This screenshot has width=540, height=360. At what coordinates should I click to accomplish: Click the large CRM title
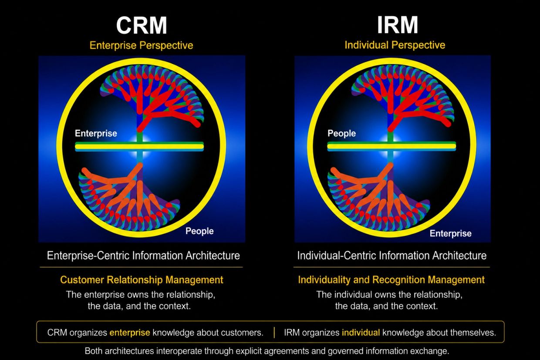[142, 25]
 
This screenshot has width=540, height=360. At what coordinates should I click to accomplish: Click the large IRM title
[397, 25]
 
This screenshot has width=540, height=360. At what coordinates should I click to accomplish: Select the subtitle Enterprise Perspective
[141, 45]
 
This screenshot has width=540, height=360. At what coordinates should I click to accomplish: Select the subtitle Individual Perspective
[395, 45]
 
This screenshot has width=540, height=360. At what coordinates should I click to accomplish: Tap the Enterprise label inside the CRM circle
[96, 133]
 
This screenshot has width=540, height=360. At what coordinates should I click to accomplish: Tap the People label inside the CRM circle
[199, 231]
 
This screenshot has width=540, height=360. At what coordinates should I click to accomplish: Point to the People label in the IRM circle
[341, 133]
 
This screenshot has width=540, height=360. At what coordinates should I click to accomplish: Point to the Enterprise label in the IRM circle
[451, 233]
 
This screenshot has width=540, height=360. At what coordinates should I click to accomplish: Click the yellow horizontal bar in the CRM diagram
[139, 146]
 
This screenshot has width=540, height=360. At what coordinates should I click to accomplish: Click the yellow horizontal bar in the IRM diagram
[391, 146]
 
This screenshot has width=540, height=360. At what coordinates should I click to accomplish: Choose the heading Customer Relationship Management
[142, 280]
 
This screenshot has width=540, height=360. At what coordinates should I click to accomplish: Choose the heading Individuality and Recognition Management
[391, 280]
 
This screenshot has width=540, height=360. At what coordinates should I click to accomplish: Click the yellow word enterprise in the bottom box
[130, 333]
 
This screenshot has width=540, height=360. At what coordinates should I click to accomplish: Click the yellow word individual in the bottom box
[361, 333]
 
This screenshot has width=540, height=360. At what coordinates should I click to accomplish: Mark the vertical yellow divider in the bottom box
[274, 332]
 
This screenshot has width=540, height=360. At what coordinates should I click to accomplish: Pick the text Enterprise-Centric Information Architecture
[143, 256]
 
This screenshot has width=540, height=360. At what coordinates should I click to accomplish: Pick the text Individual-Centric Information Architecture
[392, 256]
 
